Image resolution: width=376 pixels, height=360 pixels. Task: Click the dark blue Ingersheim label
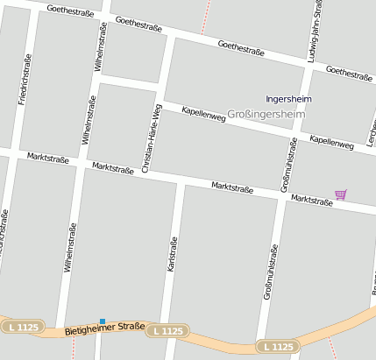pyautogui.click(x=288, y=99)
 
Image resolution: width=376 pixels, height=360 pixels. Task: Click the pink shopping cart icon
pyautogui.click(x=340, y=194)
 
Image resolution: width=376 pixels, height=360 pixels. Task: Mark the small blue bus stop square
pyautogui.click(x=103, y=321)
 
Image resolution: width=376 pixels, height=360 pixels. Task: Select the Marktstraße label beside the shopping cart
pyautogui.click(x=312, y=201)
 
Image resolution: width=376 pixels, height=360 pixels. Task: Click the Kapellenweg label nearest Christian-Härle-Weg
pyautogui.click(x=203, y=113)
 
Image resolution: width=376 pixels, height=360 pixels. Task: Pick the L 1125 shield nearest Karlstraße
pyautogui.click(x=167, y=331)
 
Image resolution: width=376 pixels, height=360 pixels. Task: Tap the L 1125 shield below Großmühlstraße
pyautogui.click(x=277, y=348)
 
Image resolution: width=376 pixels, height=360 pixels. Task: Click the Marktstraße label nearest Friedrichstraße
pyautogui.click(x=49, y=158)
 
